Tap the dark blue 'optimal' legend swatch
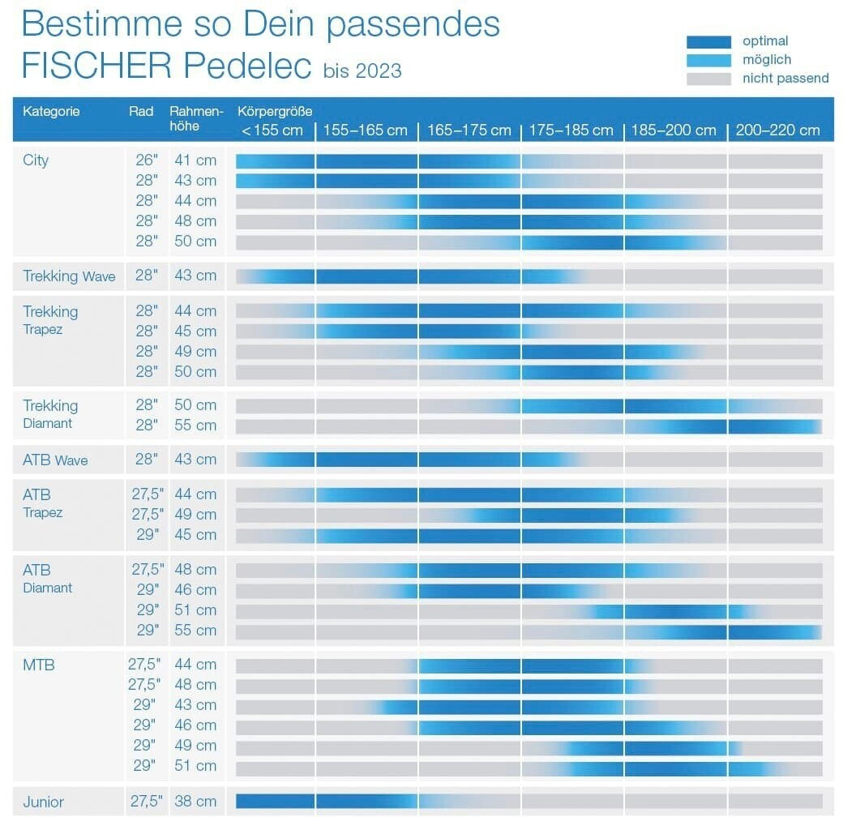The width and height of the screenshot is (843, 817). click(x=709, y=42)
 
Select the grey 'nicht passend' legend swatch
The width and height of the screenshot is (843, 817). click(x=709, y=79)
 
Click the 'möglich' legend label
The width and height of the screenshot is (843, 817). click(x=766, y=60)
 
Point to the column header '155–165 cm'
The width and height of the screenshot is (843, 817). click(x=366, y=130)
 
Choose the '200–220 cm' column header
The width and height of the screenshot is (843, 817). click(x=778, y=130)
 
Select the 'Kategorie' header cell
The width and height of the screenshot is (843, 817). click(x=51, y=112)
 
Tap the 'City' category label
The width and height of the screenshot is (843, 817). click(x=36, y=160)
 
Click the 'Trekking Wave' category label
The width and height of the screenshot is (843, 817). click(x=69, y=276)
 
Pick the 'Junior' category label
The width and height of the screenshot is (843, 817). click(x=43, y=802)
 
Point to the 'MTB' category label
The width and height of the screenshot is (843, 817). click(x=39, y=665)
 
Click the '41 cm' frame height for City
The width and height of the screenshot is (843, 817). click(x=195, y=160)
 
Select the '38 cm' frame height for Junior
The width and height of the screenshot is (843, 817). click(x=195, y=802)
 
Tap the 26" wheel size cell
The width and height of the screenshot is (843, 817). click(x=146, y=160)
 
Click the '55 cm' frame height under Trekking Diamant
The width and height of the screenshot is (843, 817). click(x=195, y=426)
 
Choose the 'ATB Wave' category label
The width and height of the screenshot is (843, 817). click(x=55, y=460)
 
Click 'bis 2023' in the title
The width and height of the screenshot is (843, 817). click(x=362, y=71)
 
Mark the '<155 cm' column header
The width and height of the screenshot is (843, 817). click(x=272, y=130)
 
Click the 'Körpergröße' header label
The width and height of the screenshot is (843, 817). click(x=275, y=111)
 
